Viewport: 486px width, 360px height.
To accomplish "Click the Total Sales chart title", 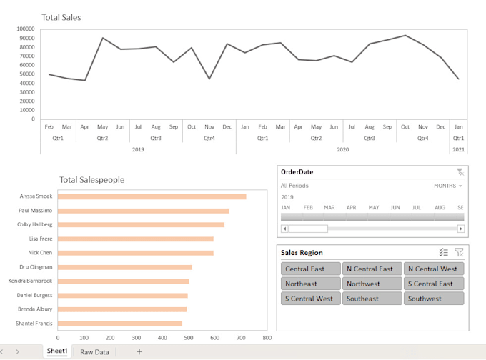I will tap(61, 16).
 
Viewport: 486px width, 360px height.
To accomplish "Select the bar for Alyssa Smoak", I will tap(152, 196).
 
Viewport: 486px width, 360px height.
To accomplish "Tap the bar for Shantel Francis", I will tap(120, 323).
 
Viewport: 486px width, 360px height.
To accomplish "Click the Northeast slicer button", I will tap(311, 284).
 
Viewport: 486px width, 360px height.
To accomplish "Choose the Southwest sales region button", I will tap(434, 299).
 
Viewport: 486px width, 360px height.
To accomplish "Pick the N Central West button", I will tap(434, 269).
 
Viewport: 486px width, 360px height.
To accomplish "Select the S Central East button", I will tap(434, 284).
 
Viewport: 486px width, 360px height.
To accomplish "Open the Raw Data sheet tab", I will tap(94, 352).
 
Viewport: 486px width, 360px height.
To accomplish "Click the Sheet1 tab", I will tap(57, 351).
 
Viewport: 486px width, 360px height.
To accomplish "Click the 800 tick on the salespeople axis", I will tap(267, 338).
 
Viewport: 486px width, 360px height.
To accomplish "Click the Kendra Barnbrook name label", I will tap(30, 281).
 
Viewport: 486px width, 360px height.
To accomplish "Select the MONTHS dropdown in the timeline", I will tap(448, 186).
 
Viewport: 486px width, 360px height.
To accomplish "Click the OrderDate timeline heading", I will tap(297, 172).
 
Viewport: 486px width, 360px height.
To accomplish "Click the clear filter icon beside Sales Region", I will tap(459, 252).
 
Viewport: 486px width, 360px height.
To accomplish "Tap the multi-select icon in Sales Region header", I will tap(443, 252).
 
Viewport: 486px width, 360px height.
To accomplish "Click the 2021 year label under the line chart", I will tap(458, 149).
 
